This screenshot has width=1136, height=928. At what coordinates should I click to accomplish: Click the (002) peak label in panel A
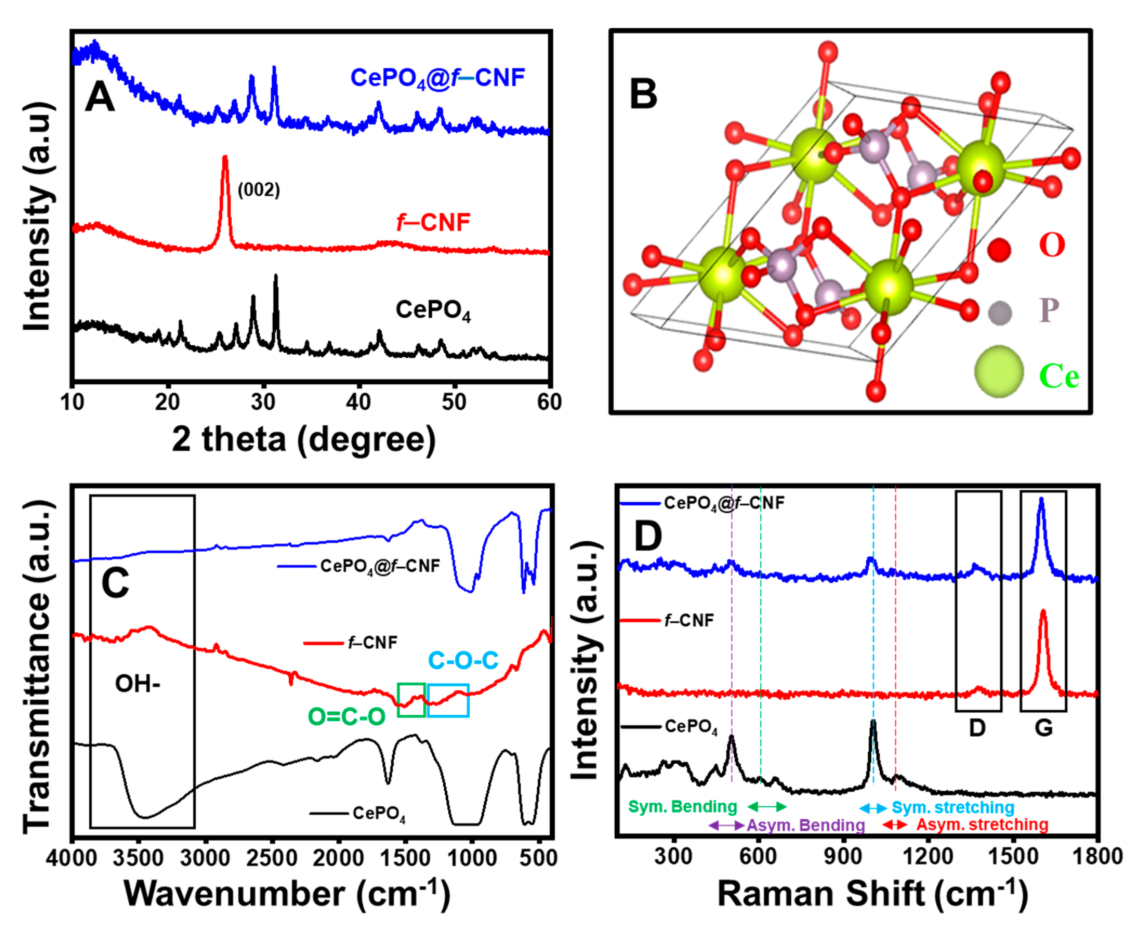pos(259,190)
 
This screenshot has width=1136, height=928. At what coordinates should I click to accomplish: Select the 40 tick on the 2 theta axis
pos(358,401)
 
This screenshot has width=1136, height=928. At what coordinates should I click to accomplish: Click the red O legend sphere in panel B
pos(999,250)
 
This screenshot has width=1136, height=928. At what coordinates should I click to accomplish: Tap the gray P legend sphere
pos(999,313)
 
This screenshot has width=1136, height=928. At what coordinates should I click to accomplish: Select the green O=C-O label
pos(347,717)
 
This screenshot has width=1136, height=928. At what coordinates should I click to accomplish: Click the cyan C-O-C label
pos(463,661)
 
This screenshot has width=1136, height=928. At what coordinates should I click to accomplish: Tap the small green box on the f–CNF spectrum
pos(411,700)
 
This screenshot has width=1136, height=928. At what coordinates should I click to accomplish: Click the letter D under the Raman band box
pos(977,728)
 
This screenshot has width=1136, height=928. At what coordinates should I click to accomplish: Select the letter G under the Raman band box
pos(1044,728)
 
